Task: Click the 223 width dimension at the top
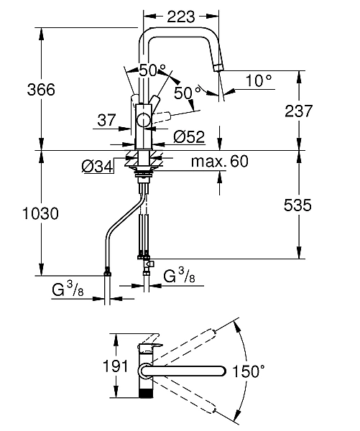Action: coord(181,17)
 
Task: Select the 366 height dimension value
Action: coord(41,90)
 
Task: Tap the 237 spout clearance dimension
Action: coord(298,111)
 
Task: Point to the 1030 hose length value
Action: coord(40,213)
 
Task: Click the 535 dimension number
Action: coord(297,205)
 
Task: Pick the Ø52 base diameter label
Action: coord(190,137)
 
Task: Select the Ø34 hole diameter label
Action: coord(97,167)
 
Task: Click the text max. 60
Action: coord(219,161)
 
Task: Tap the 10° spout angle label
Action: coord(258,80)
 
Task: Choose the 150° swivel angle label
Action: coord(249,371)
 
